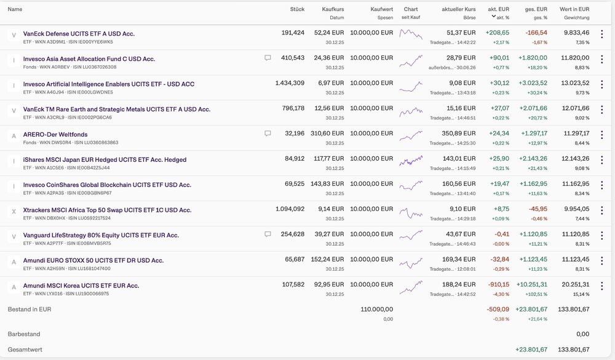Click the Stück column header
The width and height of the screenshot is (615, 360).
[297, 9]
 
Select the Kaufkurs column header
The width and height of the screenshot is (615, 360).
[333, 9]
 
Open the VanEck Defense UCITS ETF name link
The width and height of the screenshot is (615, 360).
[79, 34]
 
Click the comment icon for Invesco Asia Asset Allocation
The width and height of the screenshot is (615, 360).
[268, 58]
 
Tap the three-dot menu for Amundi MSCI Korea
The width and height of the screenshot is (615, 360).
[601, 286]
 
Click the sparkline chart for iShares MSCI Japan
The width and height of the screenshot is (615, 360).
[411, 161]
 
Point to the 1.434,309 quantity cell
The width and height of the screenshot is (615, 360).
[290, 83]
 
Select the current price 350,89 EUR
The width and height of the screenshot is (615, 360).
[459, 134]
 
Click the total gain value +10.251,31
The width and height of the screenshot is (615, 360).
[531, 285]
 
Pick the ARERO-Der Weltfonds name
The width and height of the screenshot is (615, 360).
[55, 135]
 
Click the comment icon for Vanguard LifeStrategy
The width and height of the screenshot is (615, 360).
[268, 234]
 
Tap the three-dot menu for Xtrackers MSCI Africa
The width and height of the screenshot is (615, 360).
[601, 210]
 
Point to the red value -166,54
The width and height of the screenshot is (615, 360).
[536, 33]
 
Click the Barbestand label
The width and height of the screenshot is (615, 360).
[24, 334]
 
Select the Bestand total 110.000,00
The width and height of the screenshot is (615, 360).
[376, 310]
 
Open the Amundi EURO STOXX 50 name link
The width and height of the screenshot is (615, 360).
[93, 261]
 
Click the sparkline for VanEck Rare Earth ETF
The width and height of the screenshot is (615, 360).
[411, 111]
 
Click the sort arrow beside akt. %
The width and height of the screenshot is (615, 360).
[493, 17]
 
